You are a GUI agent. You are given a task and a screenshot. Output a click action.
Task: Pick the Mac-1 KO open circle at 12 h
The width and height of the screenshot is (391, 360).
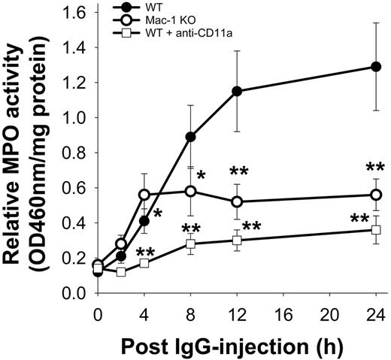pos(237,201)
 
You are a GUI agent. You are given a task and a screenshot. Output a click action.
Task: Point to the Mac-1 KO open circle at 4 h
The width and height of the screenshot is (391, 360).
pos(144,195)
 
